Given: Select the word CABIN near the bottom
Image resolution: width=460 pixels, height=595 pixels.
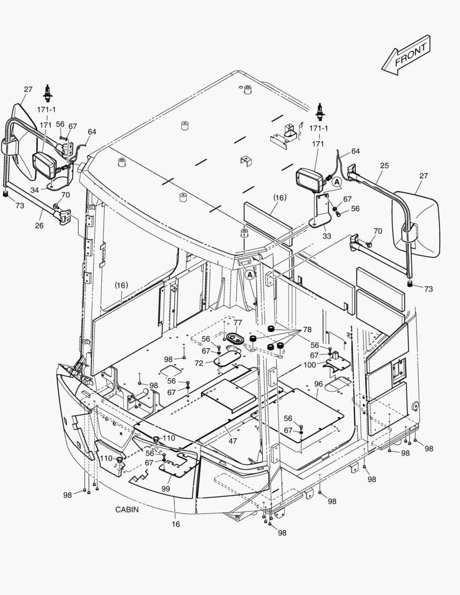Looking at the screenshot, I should pos(127,510).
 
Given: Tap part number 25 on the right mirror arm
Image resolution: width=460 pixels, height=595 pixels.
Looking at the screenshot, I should pos(384,165).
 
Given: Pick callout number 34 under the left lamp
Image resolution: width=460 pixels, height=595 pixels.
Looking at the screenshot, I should pos(35,190).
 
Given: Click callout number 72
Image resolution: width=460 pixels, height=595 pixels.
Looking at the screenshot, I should pos(199,363).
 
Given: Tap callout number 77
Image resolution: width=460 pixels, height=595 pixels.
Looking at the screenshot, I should pos(237,322).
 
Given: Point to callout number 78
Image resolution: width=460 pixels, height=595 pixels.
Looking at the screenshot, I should pos(307,329).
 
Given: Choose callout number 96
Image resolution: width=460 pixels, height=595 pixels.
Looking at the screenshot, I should pos(318,383).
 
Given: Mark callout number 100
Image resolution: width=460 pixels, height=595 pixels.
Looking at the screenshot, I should pos(310,365).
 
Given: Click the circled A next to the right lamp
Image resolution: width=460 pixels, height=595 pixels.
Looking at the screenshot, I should pos(337,181).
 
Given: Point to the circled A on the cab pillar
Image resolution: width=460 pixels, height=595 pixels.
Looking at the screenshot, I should pos(250,274).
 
